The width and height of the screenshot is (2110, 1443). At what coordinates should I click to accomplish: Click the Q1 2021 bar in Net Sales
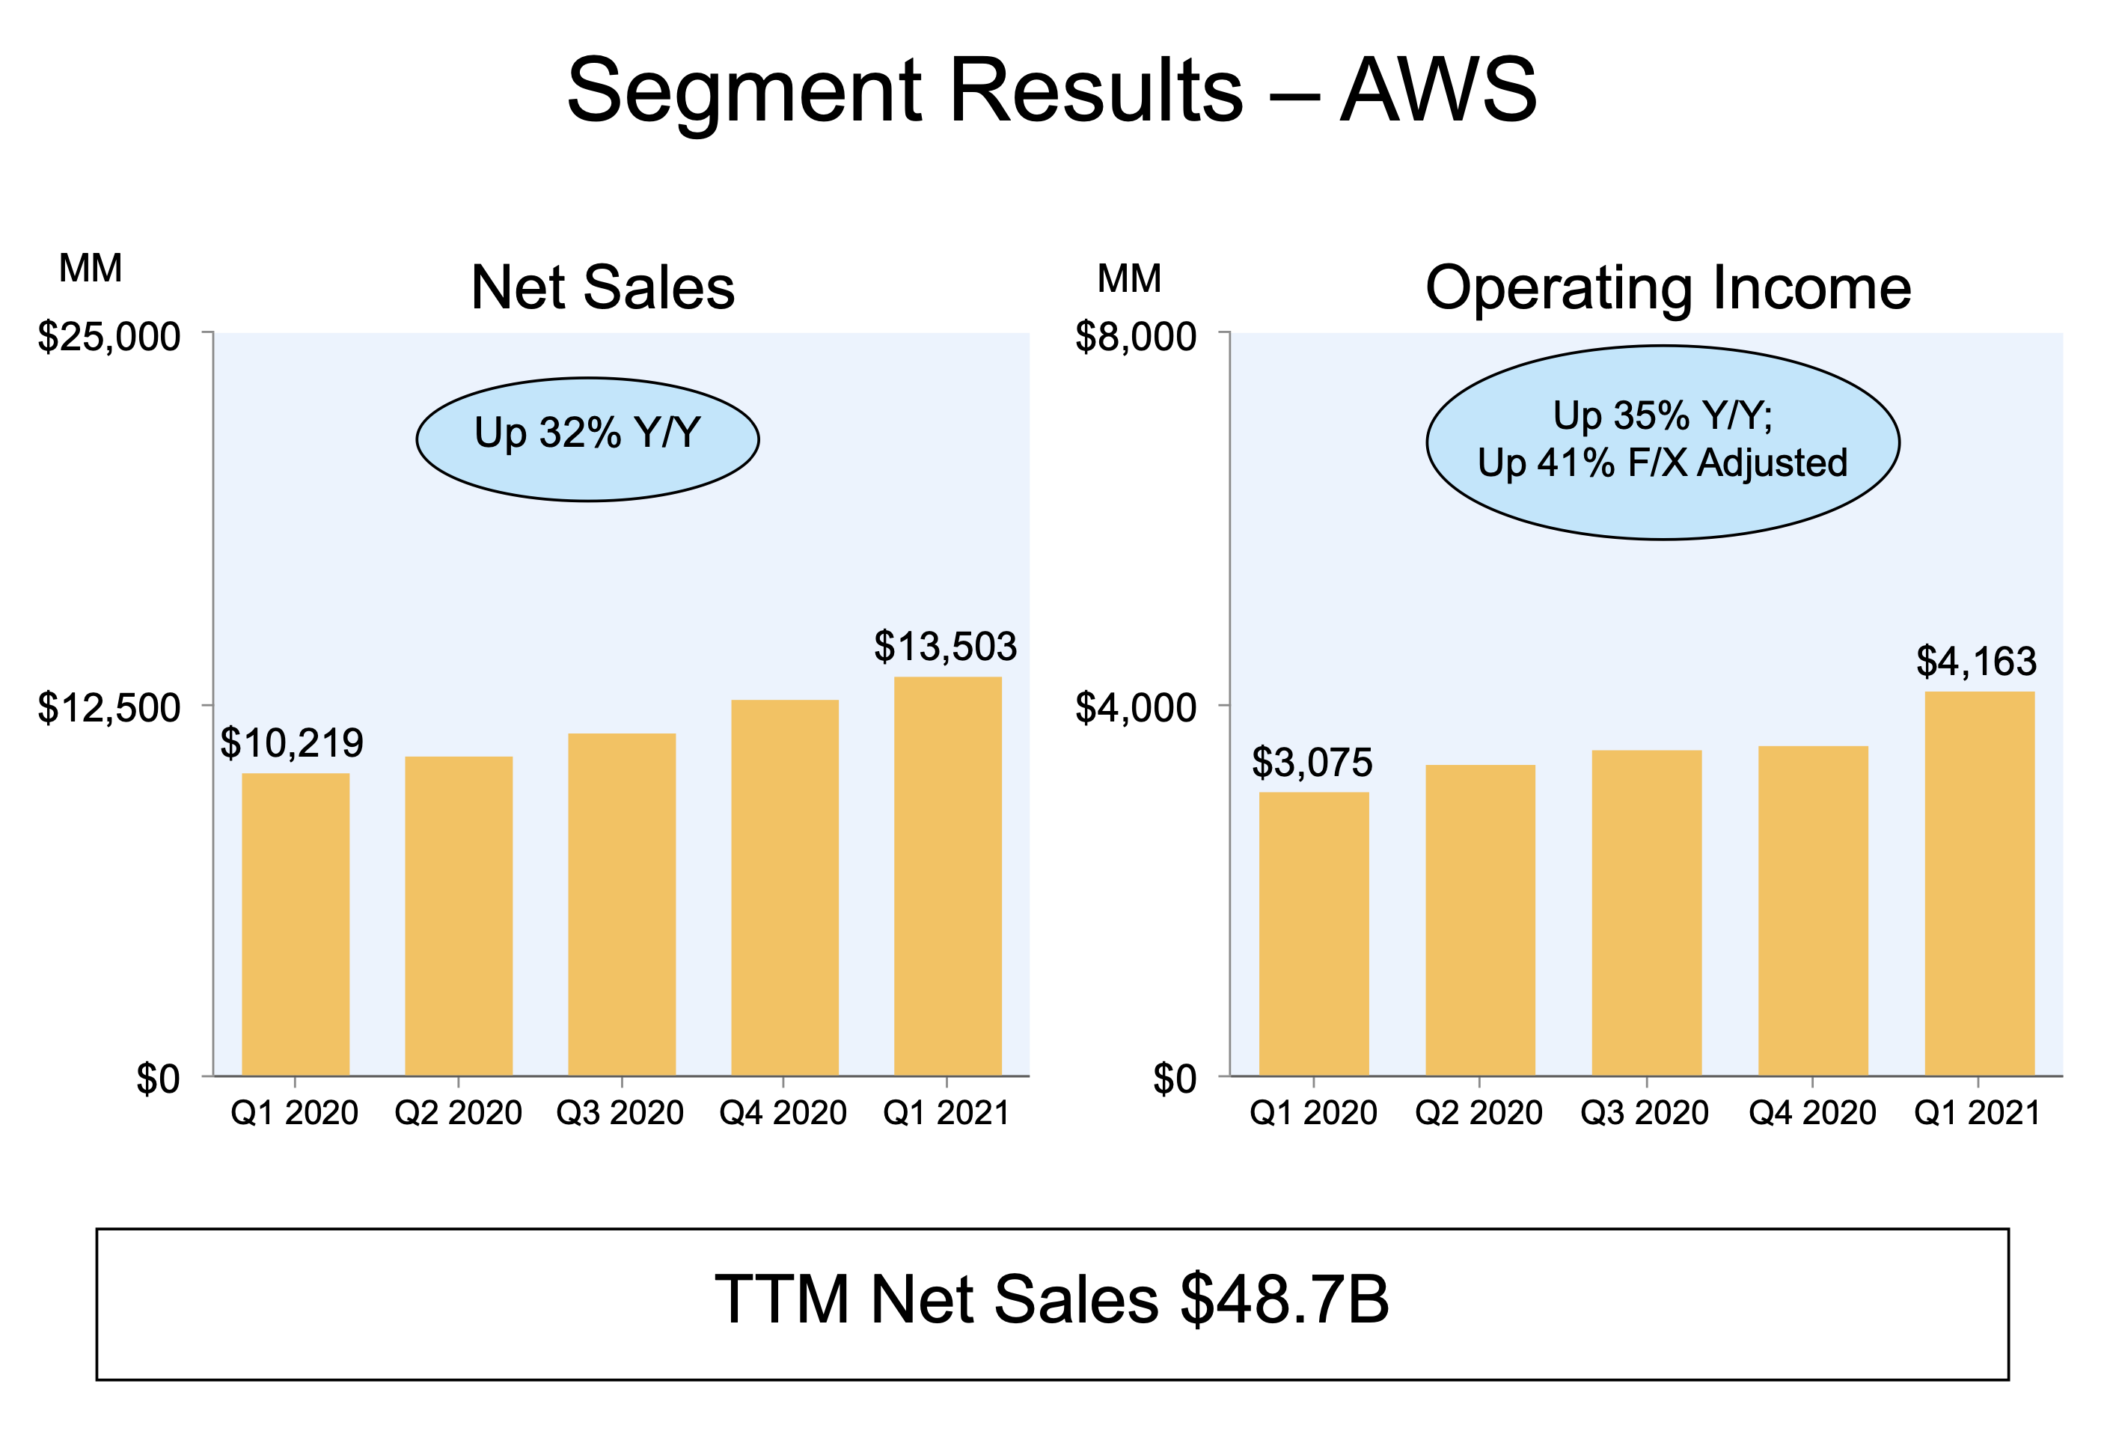pos(948,876)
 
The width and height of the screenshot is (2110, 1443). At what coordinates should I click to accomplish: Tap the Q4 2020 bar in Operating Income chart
pos(1812,910)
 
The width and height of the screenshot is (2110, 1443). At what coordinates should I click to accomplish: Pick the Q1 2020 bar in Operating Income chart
pos(1314,933)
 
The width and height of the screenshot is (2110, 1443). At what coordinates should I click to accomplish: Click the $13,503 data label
pos(945,647)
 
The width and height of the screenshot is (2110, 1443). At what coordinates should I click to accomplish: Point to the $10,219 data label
pos(292,744)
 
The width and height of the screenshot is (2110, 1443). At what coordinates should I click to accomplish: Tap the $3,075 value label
pos(1312,762)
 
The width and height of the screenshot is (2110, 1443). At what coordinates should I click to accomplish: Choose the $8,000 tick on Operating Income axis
pos(1135,337)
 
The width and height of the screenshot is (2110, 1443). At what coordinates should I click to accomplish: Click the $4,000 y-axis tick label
pos(1135,707)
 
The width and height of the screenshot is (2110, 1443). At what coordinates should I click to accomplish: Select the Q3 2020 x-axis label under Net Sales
pos(620,1112)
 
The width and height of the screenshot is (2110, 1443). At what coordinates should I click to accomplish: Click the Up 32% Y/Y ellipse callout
pos(587,439)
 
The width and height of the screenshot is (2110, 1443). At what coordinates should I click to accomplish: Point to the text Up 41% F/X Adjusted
pos(1663,463)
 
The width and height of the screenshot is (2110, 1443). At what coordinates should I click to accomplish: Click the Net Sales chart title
pos(603,288)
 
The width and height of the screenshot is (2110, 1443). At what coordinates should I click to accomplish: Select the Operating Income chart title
pos(1668,288)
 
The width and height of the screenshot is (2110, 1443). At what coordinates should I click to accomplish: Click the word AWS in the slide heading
pos(1438,91)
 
